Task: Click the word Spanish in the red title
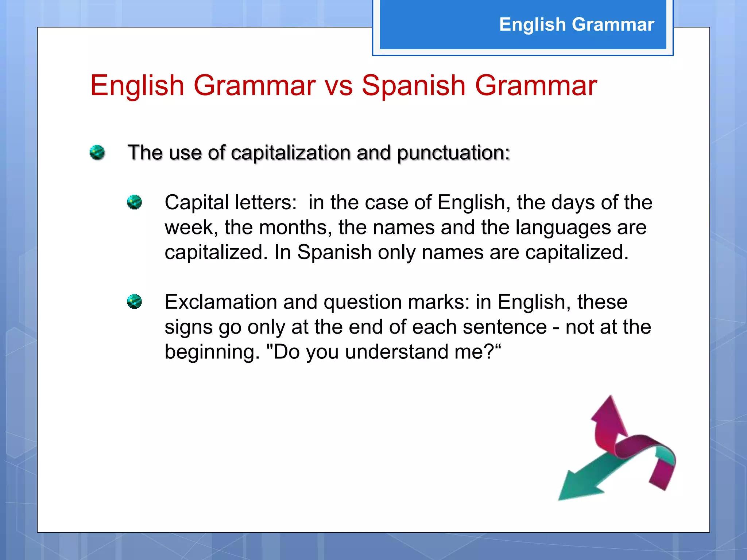tap(413, 86)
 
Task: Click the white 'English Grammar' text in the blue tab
tap(577, 24)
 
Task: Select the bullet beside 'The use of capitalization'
tap(97, 152)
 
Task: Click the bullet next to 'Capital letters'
tap(134, 202)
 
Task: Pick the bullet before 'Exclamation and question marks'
tap(134, 301)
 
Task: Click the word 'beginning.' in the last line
tap(212, 352)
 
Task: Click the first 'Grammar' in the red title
tap(254, 86)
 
